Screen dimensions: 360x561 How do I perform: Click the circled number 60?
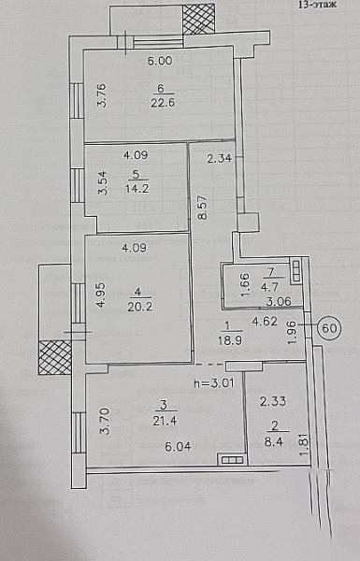pos(329,327)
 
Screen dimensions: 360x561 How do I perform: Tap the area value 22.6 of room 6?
pos(163,103)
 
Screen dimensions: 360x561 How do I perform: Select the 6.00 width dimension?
pos(160,61)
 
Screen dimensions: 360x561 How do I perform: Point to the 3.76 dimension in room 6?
pos(102,95)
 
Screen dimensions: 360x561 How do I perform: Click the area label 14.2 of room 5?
pos(137,188)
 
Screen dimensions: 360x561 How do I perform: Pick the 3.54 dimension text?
pos(103,182)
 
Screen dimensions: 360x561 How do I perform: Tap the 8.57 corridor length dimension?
pos(202,208)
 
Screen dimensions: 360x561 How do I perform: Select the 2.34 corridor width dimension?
pos(220,158)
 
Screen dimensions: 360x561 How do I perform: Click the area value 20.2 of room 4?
pos(139,307)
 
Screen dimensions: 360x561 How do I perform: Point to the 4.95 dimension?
pos(102,295)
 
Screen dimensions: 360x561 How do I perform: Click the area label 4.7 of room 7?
pos(270,287)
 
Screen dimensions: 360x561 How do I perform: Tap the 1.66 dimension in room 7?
pos(245,285)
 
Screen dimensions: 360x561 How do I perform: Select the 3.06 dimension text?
pos(279,301)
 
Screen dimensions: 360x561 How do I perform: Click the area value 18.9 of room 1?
pos(230,340)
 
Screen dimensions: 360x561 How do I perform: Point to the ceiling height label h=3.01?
pos(214,383)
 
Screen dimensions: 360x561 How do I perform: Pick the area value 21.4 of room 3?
pos(165,421)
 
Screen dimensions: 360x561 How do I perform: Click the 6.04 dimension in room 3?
pos(178,446)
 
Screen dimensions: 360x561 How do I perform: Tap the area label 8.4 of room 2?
pos(274,442)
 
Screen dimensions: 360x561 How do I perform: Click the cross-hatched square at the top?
pos(198,20)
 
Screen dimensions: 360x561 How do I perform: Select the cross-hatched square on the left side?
pos(55,357)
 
